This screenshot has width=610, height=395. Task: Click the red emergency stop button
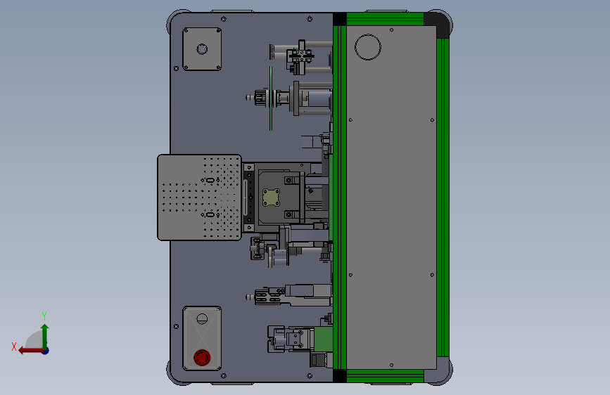pos(202,357)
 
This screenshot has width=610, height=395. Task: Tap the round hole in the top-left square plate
pos(202,49)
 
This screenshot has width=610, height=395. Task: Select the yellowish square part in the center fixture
pos(271,197)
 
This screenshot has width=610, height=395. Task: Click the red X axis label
pos(14,347)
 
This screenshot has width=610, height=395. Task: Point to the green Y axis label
pos(44,316)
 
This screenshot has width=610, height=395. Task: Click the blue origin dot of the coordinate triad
pos(46,351)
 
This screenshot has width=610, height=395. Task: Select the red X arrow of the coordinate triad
pos(31,351)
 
